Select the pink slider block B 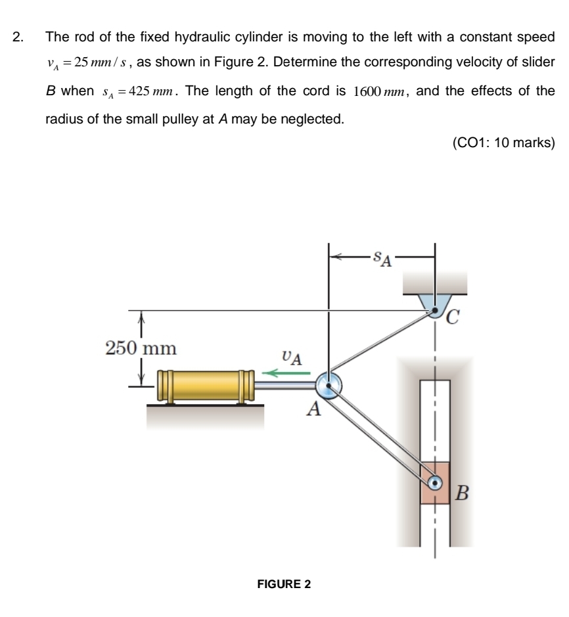click(x=435, y=483)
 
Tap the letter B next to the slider click(x=463, y=492)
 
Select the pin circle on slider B click(x=435, y=483)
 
